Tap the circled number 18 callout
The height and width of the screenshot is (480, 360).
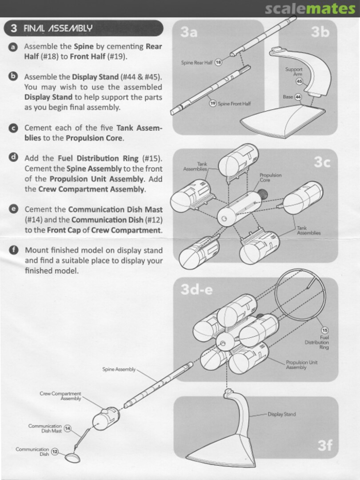(218, 63)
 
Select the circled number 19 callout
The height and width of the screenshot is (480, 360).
(213, 104)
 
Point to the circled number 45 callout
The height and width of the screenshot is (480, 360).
(299, 81)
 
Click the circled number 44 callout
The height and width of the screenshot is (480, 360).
(297, 97)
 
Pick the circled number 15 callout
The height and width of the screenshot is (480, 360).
(325, 330)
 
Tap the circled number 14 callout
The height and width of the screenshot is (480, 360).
(68, 428)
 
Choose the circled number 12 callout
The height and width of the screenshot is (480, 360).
(55, 452)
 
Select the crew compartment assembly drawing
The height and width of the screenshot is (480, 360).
(106, 418)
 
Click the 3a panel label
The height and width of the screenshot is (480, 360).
(189, 32)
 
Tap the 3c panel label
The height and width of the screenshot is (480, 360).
(322, 162)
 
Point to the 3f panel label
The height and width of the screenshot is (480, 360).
(325, 445)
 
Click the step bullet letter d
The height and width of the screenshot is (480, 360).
(13, 158)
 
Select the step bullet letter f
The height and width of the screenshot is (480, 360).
(13, 250)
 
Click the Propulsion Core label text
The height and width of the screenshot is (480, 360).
(271, 177)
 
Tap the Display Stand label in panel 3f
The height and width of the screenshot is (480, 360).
(282, 414)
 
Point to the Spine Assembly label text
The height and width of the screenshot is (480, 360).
(119, 369)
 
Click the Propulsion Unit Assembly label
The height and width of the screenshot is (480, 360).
(301, 364)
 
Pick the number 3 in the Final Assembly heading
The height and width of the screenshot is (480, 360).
(14, 28)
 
